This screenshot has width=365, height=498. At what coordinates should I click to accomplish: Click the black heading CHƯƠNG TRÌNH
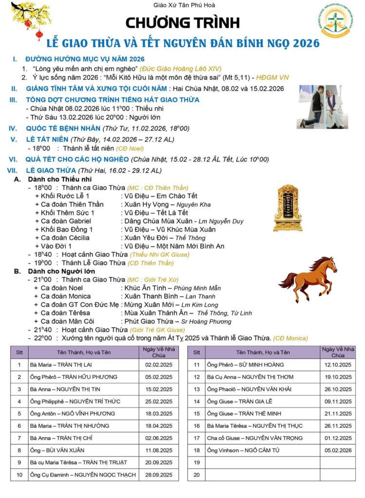pos(183,22)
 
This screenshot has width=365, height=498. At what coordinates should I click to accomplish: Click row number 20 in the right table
pos(196,475)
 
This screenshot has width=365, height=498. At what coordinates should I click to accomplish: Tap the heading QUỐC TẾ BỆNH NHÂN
pos(63,128)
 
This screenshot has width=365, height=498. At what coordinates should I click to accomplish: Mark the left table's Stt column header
pos(19,352)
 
